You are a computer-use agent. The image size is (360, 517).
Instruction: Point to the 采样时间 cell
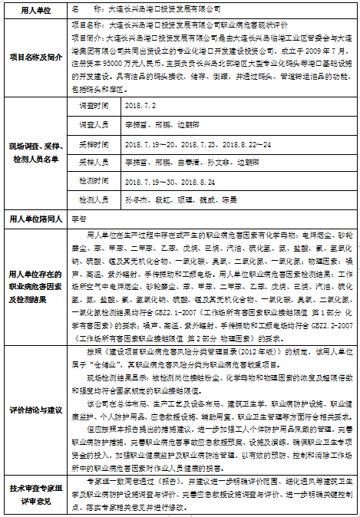coord(94,143)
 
